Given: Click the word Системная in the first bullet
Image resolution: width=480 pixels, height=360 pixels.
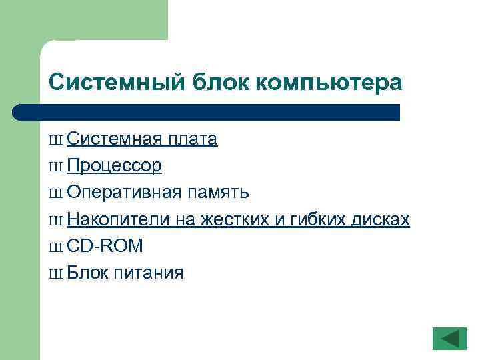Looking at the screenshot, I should (114, 139).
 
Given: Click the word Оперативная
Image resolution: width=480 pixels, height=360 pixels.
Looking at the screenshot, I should (124, 192).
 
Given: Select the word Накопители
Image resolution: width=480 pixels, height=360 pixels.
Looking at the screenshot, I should (121, 219).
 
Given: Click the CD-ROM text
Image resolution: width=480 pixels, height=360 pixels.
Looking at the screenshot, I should (105, 246).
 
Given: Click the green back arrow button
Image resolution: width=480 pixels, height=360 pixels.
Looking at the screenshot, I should (449, 338).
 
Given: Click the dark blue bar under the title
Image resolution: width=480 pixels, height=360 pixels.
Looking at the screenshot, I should (207, 112).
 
